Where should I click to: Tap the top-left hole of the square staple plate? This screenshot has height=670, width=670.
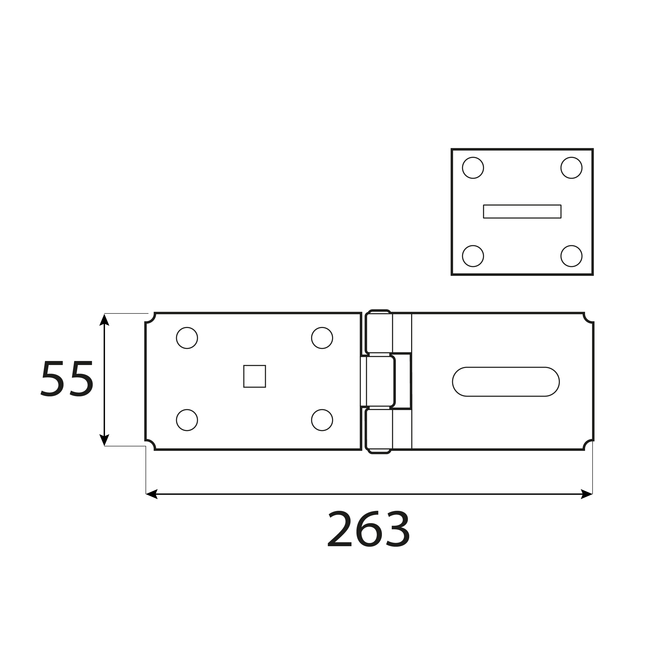473,168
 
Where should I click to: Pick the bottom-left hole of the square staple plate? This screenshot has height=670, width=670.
473,256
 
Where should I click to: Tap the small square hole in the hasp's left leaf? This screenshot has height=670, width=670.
255,376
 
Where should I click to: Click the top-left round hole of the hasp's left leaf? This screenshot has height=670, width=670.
187,338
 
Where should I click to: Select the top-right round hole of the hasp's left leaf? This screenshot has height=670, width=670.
322,338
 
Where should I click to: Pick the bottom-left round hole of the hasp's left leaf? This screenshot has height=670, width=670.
187,420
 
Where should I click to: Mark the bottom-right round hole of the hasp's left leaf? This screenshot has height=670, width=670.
322,420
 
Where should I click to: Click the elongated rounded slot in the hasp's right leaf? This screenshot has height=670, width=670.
506,381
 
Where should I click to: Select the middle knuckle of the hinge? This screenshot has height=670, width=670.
380,381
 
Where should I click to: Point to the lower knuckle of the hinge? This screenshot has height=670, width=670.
379,430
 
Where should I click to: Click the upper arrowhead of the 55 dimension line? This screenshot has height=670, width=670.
104,320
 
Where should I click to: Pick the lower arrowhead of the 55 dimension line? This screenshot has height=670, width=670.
104,440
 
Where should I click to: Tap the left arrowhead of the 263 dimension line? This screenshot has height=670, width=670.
152,494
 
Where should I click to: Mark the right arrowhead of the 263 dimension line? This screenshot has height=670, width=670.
586,494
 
